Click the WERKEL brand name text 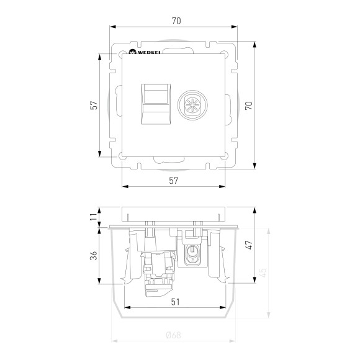coord(150,53)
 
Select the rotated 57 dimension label coord(92,105)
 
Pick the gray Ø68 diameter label coord(174,335)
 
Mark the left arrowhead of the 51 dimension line coord(127,308)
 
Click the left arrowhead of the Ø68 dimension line coord(113,341)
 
